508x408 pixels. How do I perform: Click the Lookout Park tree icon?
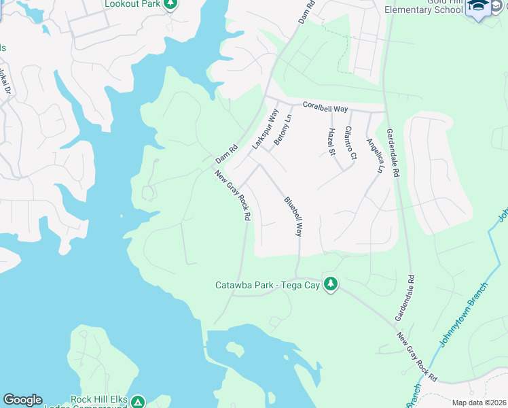tap(171, 4)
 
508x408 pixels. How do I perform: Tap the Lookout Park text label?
tap(132, 4)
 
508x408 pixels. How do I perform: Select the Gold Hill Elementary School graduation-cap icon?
tap(479, 7)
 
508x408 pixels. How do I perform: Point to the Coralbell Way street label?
tap(325, 107)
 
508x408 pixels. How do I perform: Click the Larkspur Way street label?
tap(266, 129)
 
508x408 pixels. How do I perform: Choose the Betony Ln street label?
tap(283, 131)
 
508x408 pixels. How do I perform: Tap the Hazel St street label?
tap(332, 141)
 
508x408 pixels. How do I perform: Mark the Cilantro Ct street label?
tap(350, 142)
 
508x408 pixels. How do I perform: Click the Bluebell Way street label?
tap(293, 216)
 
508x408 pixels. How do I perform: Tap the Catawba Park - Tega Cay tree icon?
tap(331, 284)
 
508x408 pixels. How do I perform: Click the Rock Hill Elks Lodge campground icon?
tap(139, 402)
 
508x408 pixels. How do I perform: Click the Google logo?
tap(22, 400)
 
